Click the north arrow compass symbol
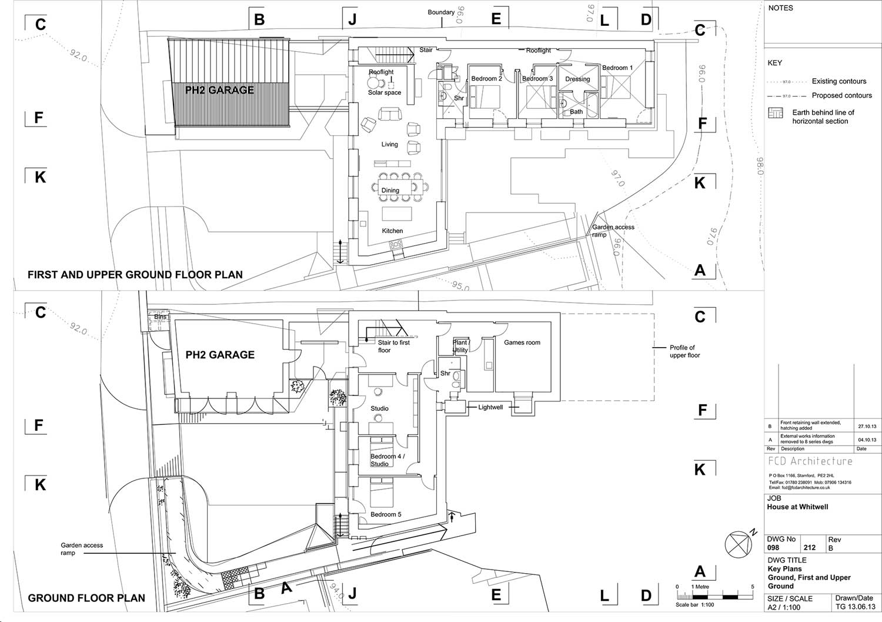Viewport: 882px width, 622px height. [x=739, y=544]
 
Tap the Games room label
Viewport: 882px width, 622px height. [x=522, y=342]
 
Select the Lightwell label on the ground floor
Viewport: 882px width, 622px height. [x=490, y=407]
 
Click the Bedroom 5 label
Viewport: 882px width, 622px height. [x=386, y=514]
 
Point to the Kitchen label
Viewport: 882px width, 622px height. [x=392, y=231]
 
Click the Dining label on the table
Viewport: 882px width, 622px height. [x=390, y=190]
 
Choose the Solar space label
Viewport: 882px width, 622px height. [x=385, y=92]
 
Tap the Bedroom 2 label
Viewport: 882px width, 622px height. [x=486, y=79]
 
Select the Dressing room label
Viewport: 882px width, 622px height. [x=577, y=79]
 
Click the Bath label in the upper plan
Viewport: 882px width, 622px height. [x=576, y=112]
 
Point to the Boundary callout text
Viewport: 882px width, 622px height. [x=440, y=12]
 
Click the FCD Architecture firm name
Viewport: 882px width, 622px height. [x=810, y=461]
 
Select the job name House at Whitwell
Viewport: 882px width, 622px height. [x=797, y=507]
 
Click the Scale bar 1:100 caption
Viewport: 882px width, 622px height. [x=694, y=605]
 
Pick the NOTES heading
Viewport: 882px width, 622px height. [x=780, y=8]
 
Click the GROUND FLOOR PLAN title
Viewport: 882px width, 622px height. [x=86, y=598]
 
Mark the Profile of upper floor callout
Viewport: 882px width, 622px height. [x=684, y=351]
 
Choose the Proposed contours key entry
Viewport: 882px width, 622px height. [x=841, y=95]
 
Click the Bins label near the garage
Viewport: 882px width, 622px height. [x=160, y=317]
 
